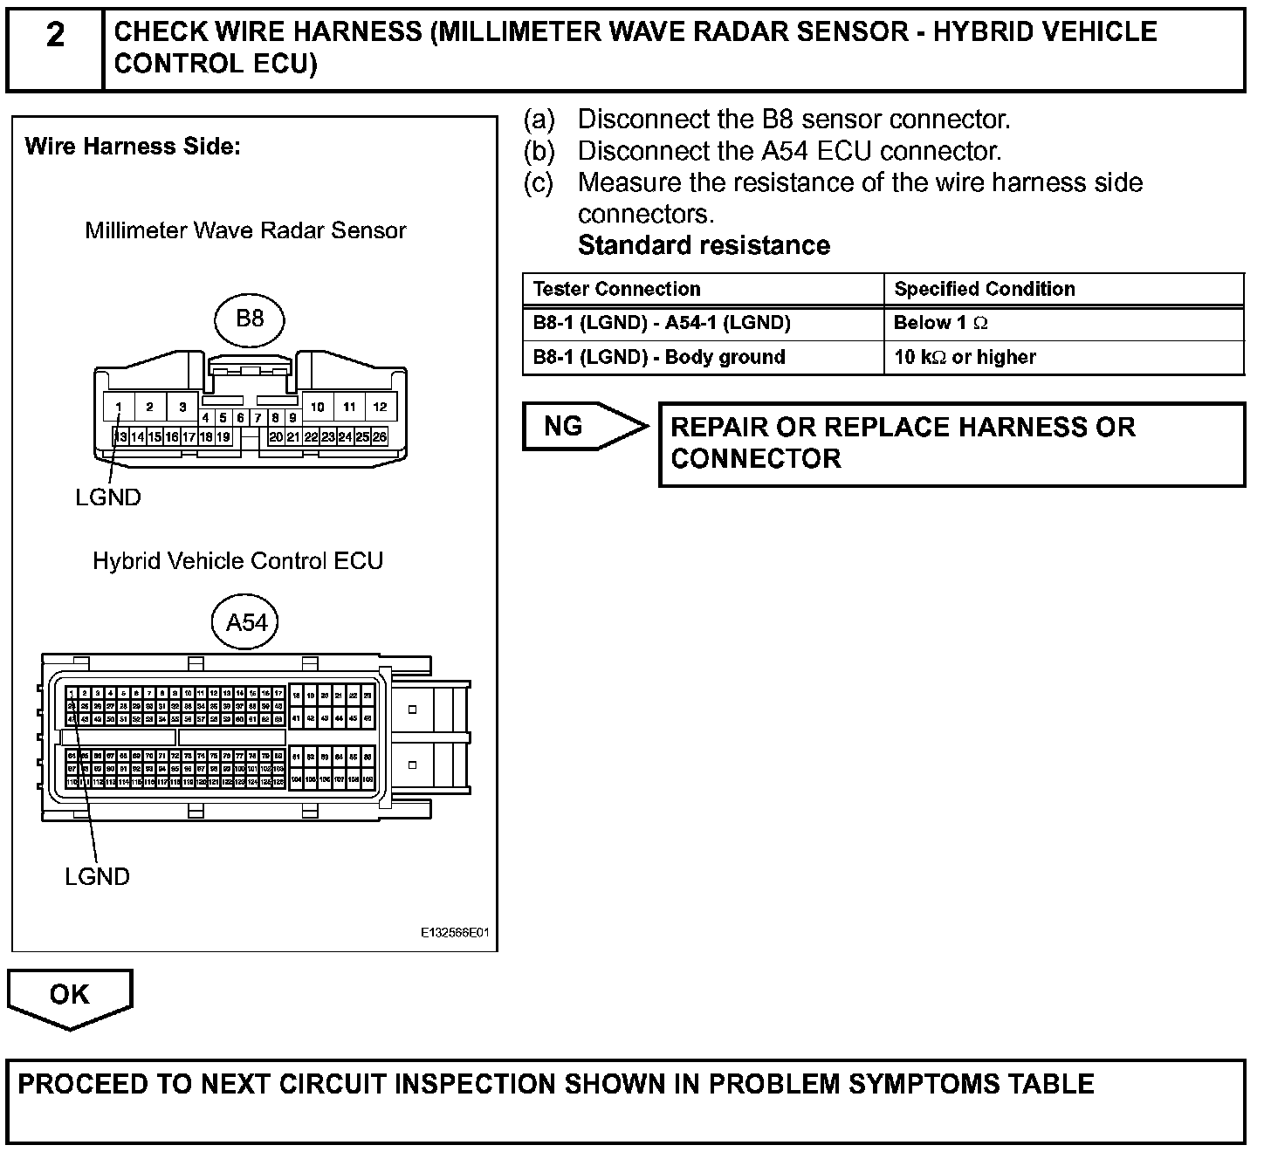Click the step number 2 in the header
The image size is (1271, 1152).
54,36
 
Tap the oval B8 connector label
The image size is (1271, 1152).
250,319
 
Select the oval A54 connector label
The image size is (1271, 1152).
246,623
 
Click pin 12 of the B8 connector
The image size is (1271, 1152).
380,407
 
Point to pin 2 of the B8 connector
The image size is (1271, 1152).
150,407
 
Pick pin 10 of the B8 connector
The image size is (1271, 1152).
318,407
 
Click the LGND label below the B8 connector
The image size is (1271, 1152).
107,497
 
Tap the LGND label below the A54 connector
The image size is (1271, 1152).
97,876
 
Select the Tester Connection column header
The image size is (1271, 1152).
617,289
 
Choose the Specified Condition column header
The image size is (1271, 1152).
985,289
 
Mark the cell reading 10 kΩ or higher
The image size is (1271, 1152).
965,357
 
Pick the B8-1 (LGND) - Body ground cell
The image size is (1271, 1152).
659,357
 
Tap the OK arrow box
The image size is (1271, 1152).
70,996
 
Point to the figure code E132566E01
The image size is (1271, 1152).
454,933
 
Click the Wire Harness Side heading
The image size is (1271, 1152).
133,147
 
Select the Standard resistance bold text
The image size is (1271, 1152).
704,245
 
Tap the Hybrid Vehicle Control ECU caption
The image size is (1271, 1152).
238,560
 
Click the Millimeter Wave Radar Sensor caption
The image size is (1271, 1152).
245,230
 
